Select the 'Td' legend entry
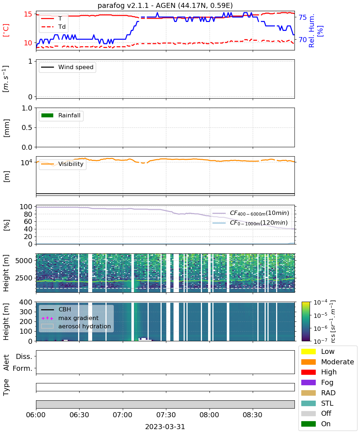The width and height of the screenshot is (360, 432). point(53,27)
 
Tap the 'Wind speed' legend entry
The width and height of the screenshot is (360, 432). point(67,67)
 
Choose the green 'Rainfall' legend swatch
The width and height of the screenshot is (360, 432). point(48,116)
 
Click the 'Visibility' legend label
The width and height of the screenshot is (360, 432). point(71,164)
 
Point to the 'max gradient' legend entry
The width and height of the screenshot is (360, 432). point(70,318)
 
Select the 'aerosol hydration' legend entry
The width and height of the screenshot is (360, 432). point(76,326)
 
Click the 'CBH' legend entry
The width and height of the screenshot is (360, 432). point(56,309)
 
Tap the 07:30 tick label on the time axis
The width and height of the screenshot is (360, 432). point(166,415)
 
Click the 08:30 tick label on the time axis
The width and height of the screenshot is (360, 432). point(252,415)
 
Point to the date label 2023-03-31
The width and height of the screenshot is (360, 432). point(165,427)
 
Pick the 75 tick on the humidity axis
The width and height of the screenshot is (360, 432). point(302,17)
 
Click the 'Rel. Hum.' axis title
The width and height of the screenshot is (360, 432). point(311,31)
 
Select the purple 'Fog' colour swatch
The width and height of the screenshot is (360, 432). point(309,382)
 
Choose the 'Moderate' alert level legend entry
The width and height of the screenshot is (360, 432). point(328,362)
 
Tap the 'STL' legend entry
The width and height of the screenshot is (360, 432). point(317,403)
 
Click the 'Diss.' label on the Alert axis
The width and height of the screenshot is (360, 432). point(24,356)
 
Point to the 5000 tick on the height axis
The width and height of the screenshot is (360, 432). point(24,261)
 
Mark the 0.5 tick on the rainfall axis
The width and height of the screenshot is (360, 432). point(27,128)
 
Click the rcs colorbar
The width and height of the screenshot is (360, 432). point(306,321)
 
